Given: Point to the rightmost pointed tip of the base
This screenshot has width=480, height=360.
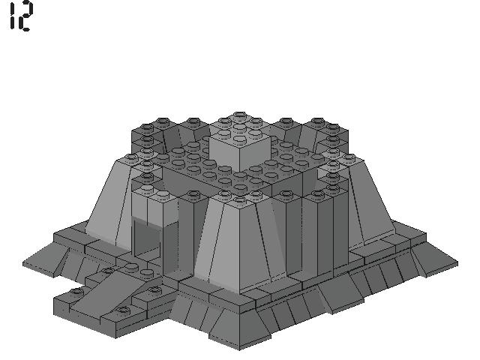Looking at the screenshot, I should (456, 263).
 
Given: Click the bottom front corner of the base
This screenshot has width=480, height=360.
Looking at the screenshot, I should (238, 349).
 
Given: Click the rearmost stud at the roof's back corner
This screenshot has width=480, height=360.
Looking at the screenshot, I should (239, 116).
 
